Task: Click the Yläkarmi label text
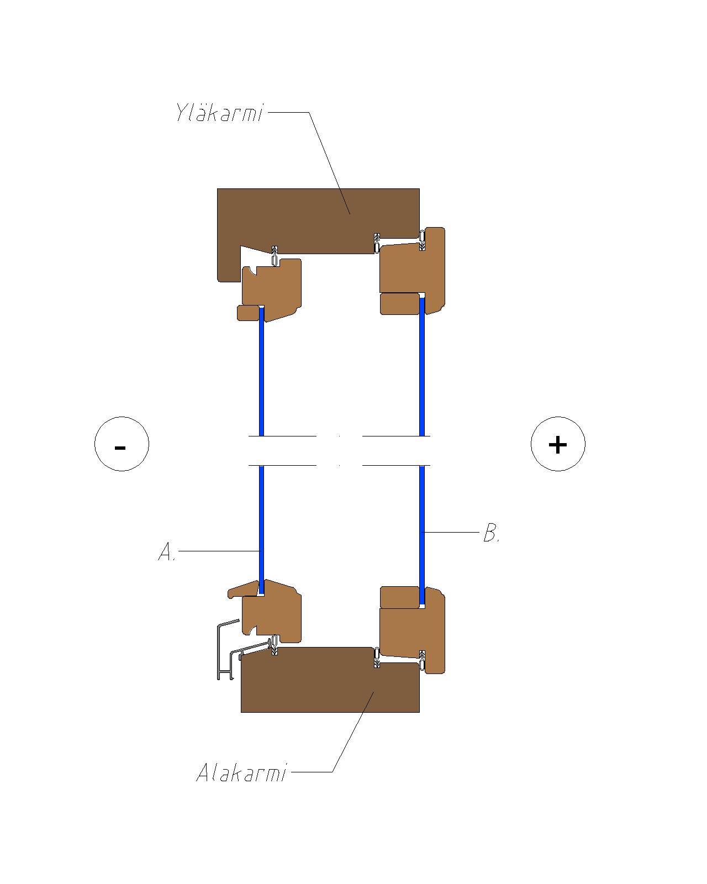point(219,112)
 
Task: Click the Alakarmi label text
point(241,772)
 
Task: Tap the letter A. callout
point(167,552)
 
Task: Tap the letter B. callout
point(492,533)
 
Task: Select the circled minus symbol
point(122,444)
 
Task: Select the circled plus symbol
point(558,444)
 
